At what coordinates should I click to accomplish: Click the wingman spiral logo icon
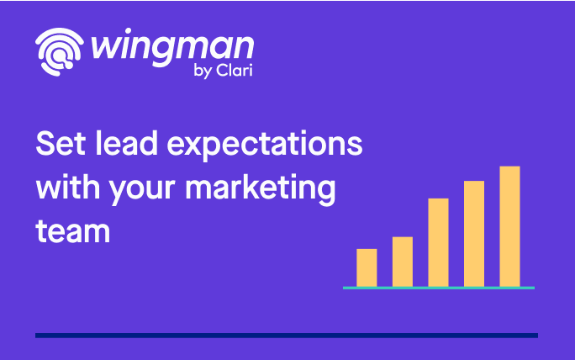(x=60, y=52)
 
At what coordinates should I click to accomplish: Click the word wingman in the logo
(x=172, y=49)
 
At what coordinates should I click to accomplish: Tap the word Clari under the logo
(x=235, y=70)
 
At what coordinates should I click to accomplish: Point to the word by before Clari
(x=203, y=71)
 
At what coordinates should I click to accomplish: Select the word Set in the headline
(x=61, y=144)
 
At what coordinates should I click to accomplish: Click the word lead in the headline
(x=126, y=143)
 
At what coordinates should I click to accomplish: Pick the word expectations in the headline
(x=265, y=146)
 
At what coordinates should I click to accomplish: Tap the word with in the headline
(x=67, y=187)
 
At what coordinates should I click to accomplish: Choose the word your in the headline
(x=142, y=190)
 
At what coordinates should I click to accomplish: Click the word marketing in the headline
(x=260, y=188)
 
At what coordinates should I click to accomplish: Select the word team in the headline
(x=72, y=231)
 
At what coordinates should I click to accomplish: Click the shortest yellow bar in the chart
(x=367, y=267)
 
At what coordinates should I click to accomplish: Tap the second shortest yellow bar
(x=403, y=262)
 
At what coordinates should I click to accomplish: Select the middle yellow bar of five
(x=438, y=242)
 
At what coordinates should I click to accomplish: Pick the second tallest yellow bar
(x=474, y=234)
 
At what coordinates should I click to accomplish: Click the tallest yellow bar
(x=509, y=226)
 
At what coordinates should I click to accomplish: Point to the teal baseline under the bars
(x=439, y=288)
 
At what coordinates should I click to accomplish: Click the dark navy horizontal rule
(x=287, y=336)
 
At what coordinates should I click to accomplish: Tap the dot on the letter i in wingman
(x=129, y=30)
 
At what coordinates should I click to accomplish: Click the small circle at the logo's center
(x=59, y=55)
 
